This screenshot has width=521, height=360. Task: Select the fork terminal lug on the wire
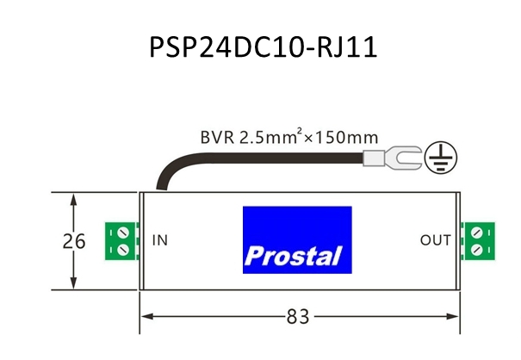pos(392,157)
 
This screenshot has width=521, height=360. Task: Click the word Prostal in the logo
pos(293,256)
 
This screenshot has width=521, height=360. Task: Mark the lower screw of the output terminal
pos(475,249)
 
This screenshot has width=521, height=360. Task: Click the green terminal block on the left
pos(118,240)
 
